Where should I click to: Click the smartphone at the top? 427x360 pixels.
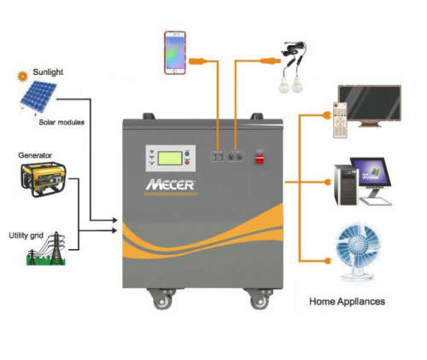point(175,52)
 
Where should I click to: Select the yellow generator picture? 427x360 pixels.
point(40,181)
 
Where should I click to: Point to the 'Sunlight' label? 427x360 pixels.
point(48,73)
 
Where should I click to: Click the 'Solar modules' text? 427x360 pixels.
point(61,123)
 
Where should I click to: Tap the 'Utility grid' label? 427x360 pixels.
point(28,234)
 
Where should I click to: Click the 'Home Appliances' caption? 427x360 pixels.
point(347,301)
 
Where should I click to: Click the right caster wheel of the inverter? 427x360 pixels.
point(255,300)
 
